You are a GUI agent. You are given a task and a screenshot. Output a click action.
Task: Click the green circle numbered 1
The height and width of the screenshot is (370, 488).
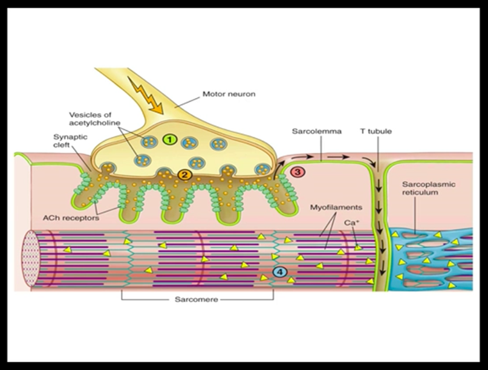coord(171,140)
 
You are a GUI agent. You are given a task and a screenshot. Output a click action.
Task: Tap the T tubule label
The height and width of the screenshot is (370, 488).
coord(376,130)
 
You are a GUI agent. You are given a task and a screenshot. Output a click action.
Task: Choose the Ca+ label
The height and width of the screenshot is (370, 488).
coord(352,224)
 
